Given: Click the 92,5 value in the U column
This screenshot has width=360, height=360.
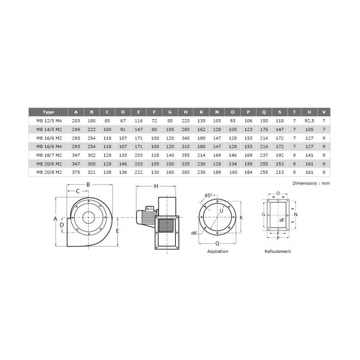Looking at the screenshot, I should [x=309, y=121].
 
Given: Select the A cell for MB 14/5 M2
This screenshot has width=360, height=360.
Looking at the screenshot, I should [x=76, y=129].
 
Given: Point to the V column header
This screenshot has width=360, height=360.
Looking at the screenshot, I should [x=324, y=112].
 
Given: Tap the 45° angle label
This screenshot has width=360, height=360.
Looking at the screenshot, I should [x=208, y=196].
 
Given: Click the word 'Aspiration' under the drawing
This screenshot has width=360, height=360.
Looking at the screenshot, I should [x=217, y=252].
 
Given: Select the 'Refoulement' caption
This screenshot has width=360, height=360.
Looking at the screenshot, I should [x=278, y=252].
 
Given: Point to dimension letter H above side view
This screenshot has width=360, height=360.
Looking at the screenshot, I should [x=156, y=186].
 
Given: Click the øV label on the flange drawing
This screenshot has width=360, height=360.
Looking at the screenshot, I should [x=193, y=232].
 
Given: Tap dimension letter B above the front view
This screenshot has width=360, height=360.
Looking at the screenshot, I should [x=88, y=184].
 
